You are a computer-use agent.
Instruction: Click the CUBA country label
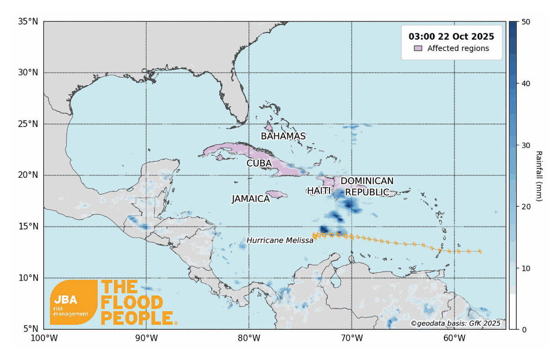pyautogui.click(x=259, y=163)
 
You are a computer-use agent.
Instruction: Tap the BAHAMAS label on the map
pyautogui.click(x=283, y=136)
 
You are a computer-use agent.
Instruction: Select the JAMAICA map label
pyautogui.click(x=251, y=199)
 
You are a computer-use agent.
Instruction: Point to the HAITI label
pyautogui.click(x=319, y=191)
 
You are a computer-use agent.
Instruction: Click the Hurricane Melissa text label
pyautogui.click(x=280, y=241)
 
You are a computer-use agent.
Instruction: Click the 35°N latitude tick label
pyautogui.click(x=28, y=21)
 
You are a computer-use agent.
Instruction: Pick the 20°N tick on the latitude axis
pyautogui.click(x=28, y=176)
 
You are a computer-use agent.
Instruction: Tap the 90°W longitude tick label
pyautogui.click(x=146, y=338)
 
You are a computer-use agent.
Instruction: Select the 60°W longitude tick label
pyautogui.click(x=454, y=338)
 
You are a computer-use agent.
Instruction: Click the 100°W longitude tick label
pyautogui.click(x=44, y=338)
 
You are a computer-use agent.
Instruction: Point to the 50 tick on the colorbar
pyautogui.click(x=525, y=22)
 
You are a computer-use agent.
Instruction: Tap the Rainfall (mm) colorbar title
pyautogui.click(x=539, y=176)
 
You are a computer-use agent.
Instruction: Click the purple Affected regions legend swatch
pyautogui.click(x=418, y=48)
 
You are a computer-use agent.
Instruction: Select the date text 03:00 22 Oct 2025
pyautogui.click(x=451, y=36)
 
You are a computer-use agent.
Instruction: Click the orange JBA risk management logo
pyautogui.click(x=74, y=302)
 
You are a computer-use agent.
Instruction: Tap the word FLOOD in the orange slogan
pyautogui.click(x=132, y=303)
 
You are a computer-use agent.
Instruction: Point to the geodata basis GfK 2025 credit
pyautogui.click(x=456, y=323)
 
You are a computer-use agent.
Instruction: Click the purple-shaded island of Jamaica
pyautogui.click(x=278, y=194)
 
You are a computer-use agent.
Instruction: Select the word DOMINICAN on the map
pyautogui.click(x=367, y=181)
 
